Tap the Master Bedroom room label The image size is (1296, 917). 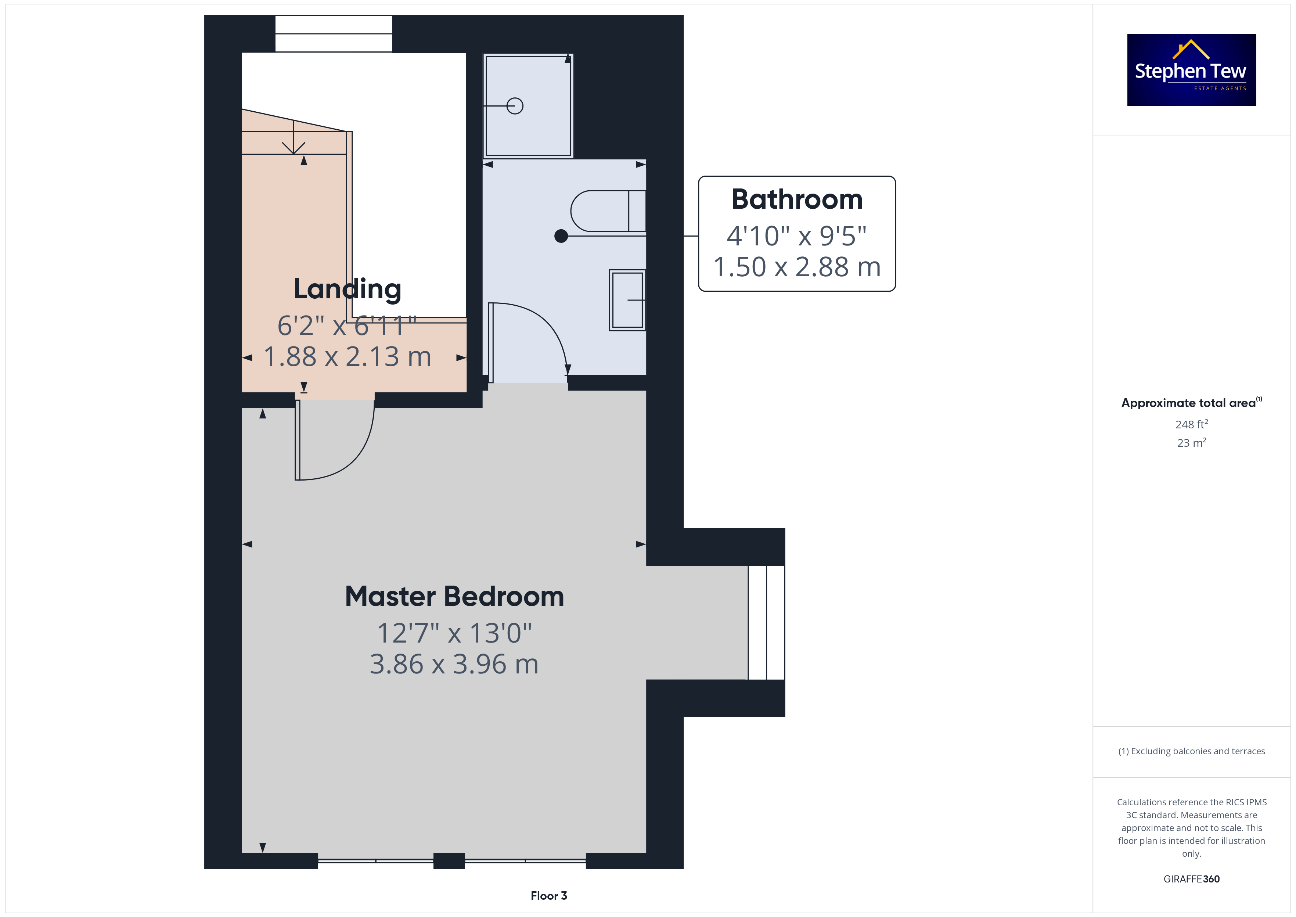(x=454, y=596)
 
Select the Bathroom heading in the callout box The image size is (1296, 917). (x=797, y=199)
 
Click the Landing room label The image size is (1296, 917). (x=347, y=289)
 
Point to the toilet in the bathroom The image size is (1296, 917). (x=608, y=211)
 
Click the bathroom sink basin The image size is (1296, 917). (x=627, y=300)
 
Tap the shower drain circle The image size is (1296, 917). (x=515, y=105)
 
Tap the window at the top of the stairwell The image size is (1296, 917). (x=334, y=34)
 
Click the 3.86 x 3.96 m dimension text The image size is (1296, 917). (x=454, y=664)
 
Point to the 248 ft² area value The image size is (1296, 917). (x=1192, y=424)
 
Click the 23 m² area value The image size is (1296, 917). (x=1192, y=443)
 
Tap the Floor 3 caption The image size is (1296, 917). (x=549, y=896)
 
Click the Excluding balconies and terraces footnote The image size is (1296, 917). (x=1192, y=751)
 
